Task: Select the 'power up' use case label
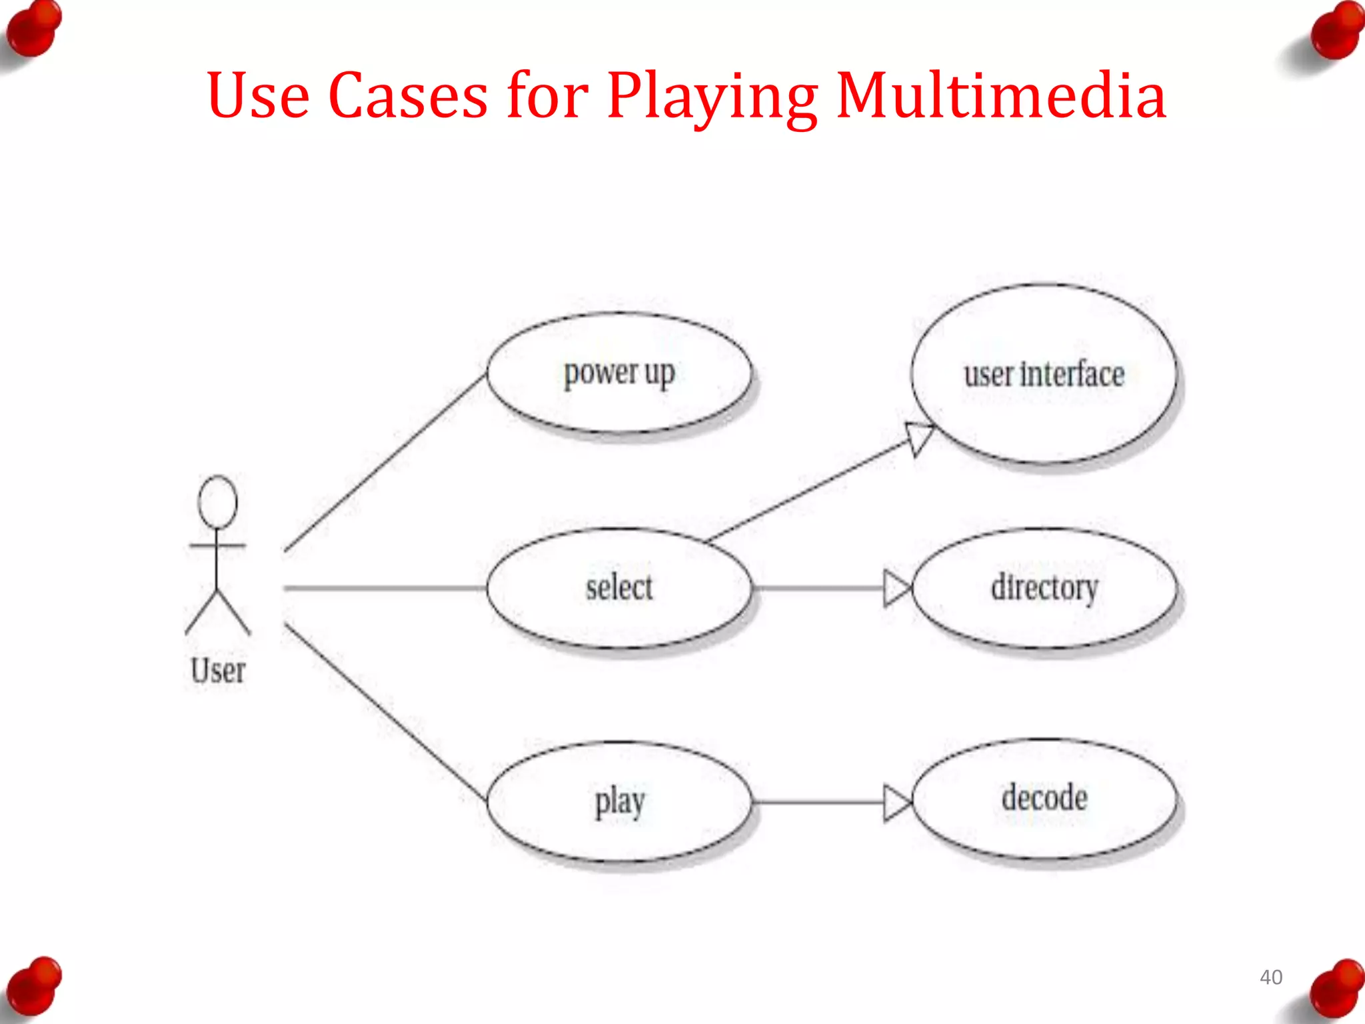coord(619,373)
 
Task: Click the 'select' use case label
coord(619,587)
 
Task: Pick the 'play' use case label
coord(619,802)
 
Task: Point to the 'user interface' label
coord(1044,374)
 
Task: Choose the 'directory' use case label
coord(1044,587)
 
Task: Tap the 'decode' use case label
coord(1044,798)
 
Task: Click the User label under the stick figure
coord(218,671)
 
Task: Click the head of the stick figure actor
coord(217,502)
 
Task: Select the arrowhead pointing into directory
coord(897,588)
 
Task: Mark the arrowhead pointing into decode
coord(897,803)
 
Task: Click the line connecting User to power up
coord(385,463)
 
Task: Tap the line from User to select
coord(385,588)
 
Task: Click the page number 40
coord(1270,977)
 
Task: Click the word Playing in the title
coord(712,97)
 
